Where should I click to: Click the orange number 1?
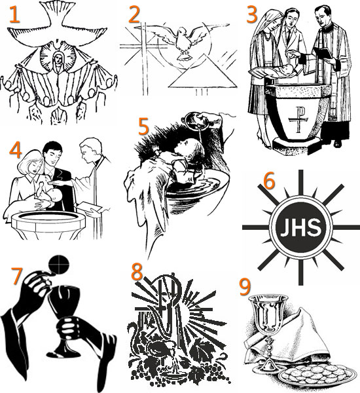[14, 14]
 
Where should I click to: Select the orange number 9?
[245, 287]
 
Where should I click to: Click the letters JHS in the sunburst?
[300, 228]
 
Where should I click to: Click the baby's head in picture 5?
[190, 151]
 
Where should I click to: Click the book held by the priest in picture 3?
[323, 54]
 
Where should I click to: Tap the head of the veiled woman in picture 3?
[272, 22]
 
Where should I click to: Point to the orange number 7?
[17, 276]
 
